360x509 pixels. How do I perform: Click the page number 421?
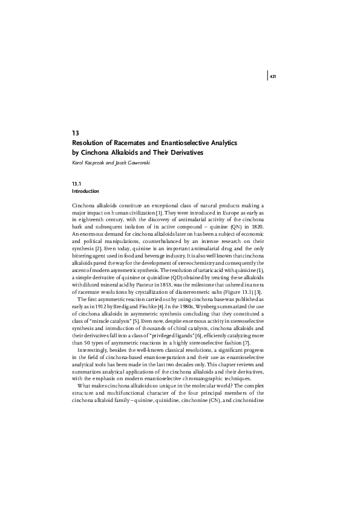tap(273, 77)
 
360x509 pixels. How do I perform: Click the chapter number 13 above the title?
tap(75, 132)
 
